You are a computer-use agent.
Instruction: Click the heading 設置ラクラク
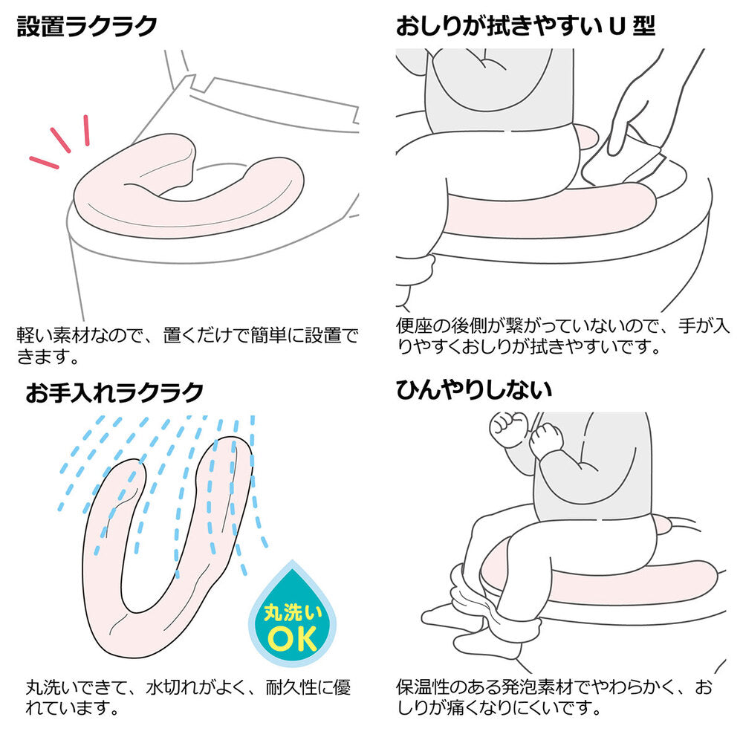[87, 26]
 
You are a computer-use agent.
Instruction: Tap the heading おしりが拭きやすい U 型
[525, 26]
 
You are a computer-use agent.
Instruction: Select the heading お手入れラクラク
[114, 392]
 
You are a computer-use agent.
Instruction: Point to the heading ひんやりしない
[474, 390]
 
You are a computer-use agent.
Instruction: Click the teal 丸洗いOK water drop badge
[292, 616]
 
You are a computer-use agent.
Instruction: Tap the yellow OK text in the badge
[292, 639]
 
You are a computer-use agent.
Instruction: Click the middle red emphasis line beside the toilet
[60, 140]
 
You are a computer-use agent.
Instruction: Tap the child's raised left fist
[507, 429]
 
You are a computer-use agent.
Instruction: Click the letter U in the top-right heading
[617, 27]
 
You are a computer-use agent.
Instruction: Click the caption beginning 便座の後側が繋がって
[562, 337]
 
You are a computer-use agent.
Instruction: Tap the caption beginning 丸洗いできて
[188, 698]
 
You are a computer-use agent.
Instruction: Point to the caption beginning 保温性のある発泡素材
[554, 698]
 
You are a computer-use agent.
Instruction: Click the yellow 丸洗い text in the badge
[292, 612]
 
